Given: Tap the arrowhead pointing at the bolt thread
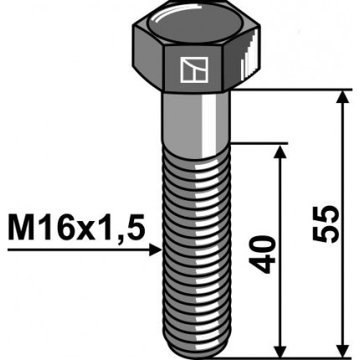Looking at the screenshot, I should pyautogui.click(x=155, y=249).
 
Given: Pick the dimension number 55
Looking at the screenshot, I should pyautogui.click(x=331, y=223).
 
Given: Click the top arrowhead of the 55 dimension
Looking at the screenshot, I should pyautogui.click(x=342, y=97).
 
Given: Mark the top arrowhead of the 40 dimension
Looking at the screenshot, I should pyautogui.click(x=279, y=149).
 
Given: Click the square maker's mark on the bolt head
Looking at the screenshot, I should pyautogui.click(x=193, y=70).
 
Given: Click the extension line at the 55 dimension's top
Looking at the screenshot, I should pyautogui.click(x=293, y=90).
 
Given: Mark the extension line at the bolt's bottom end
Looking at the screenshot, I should pyautogui.click(x=293, y=352).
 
